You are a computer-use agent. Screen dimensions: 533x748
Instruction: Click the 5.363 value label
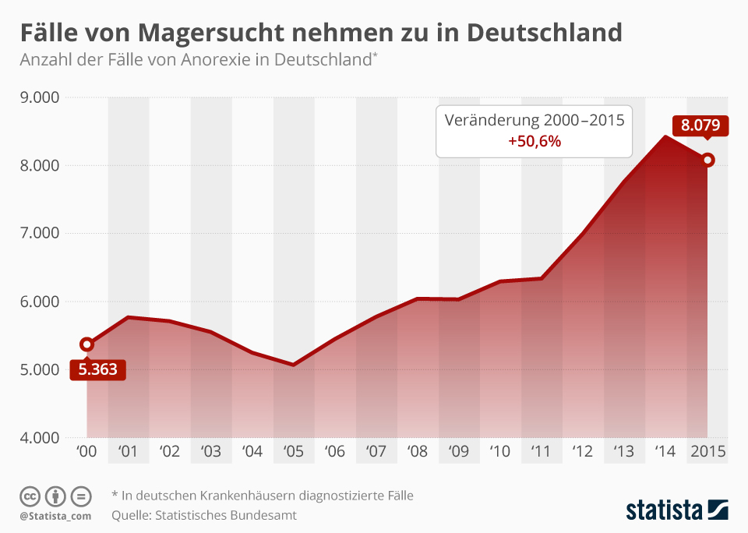[x=97, y=369]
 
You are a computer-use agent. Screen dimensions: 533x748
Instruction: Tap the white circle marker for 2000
[x=86, y=344]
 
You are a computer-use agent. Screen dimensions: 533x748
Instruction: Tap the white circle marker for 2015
[x=707, y=160]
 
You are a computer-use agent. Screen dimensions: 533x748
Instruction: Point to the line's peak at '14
[x=665, y=137]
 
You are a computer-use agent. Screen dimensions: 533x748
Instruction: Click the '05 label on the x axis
[x=293, y=451]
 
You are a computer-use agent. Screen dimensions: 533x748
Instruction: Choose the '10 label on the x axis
[x=499, y=451]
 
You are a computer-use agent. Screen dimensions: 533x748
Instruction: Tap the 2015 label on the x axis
[x=707, y=451]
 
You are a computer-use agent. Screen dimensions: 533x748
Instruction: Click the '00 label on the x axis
[x=86, y=451]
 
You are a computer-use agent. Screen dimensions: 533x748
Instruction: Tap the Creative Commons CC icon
[x=30, y=496]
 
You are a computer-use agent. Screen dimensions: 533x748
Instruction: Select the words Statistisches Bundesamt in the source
[x=226, y=515]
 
